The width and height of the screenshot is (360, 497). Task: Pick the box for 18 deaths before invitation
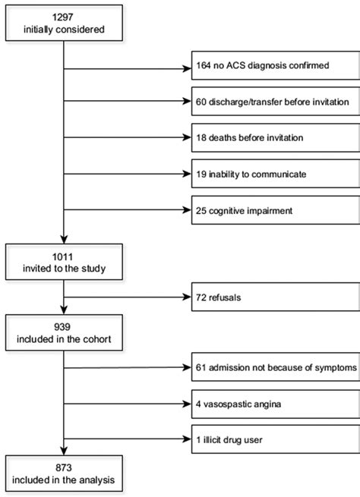click(x=274, y=139)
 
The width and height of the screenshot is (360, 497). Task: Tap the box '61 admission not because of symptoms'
click(x=274, y=368)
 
